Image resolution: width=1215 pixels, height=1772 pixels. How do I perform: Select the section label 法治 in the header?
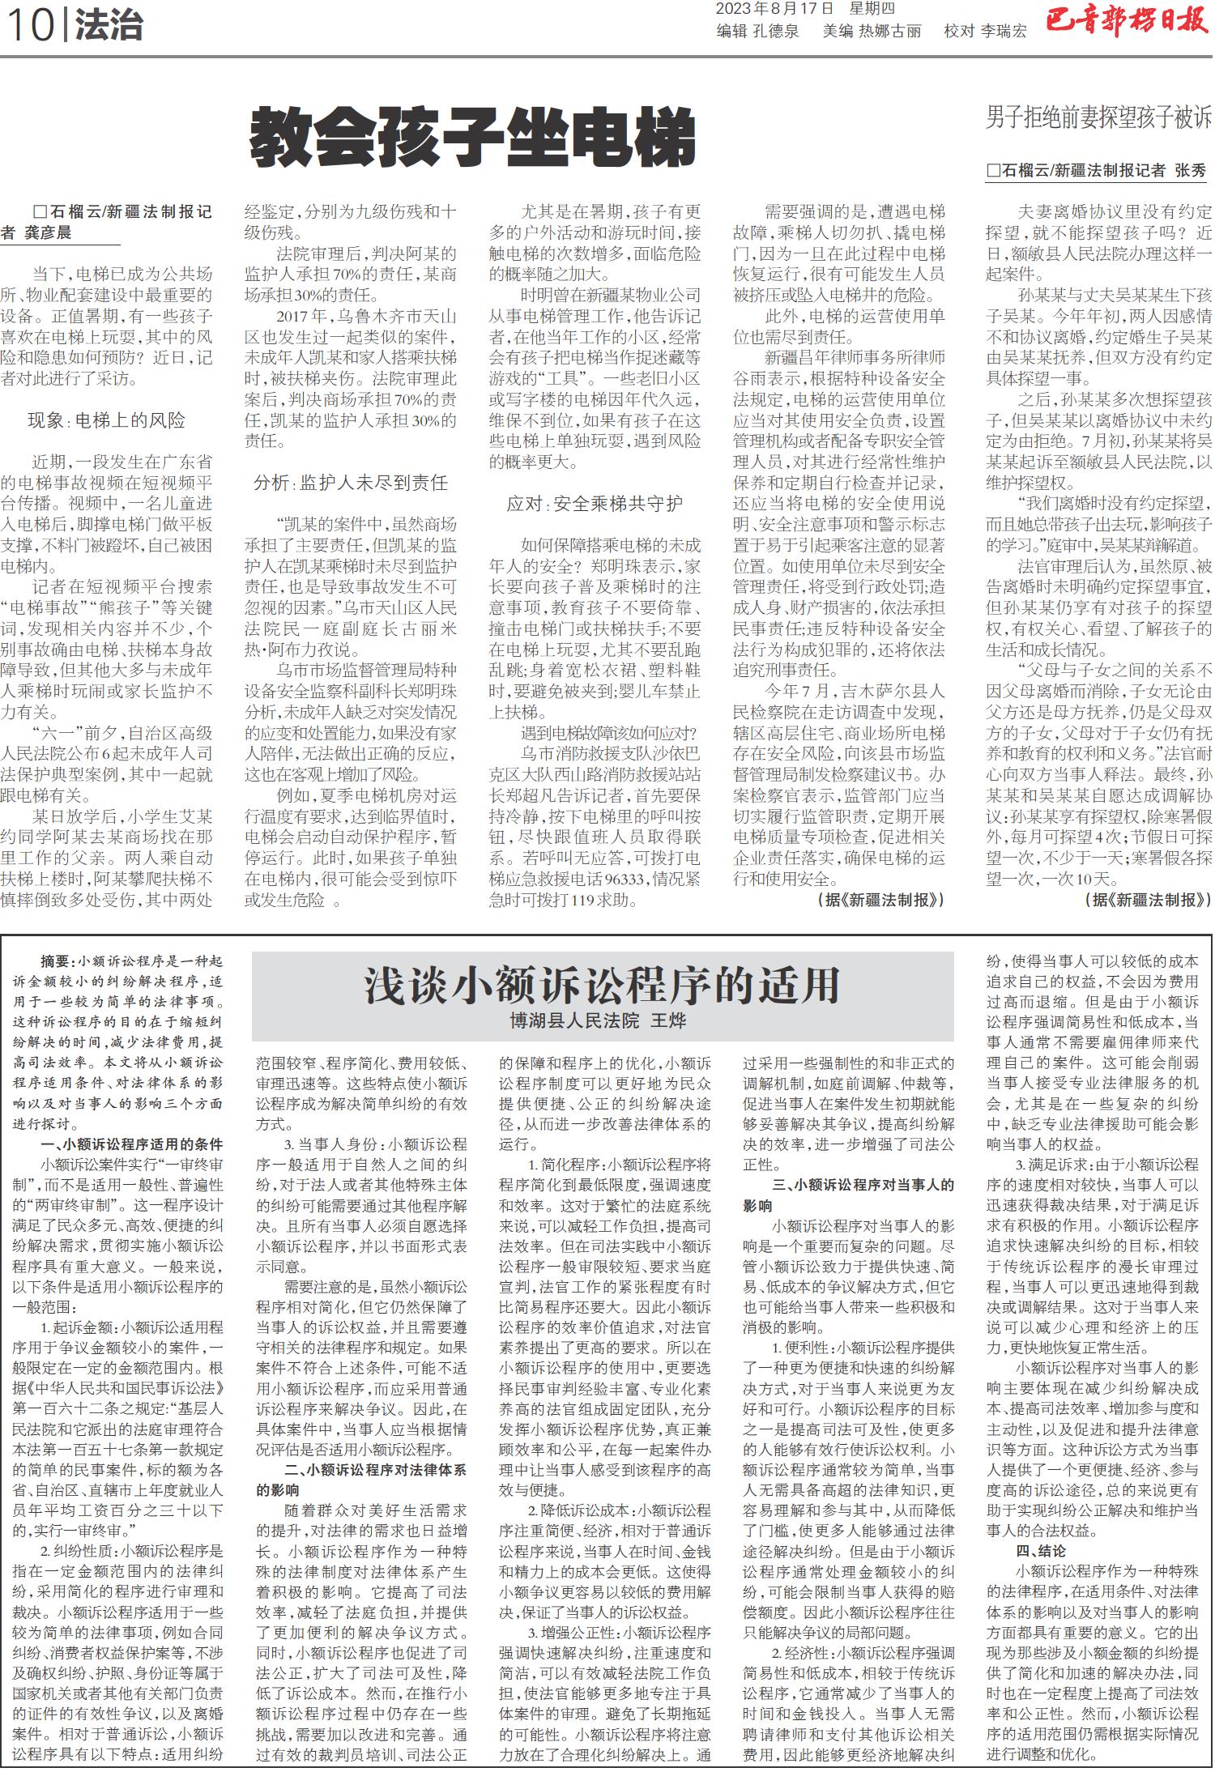pos(109,26)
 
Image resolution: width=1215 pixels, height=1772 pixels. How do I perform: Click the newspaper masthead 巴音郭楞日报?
pos(1126,22)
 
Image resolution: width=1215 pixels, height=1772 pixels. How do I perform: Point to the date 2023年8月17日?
pos(774,9)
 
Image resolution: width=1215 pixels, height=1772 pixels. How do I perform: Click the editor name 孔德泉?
pos(776,32)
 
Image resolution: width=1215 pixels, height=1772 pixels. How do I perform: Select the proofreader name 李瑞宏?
pos(1004,32)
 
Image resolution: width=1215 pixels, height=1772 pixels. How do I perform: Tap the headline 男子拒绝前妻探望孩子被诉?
pos(1098,118)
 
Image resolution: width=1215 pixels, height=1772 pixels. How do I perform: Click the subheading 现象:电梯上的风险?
pos(106,420)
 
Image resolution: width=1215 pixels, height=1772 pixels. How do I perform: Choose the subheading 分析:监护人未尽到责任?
pos(350,483)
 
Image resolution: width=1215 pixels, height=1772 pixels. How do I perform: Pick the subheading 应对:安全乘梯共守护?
pos(595,504)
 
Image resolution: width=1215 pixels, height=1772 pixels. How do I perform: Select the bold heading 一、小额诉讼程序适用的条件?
pos(132,1144)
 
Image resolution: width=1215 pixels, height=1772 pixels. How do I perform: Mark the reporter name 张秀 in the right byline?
pos(1191,170)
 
